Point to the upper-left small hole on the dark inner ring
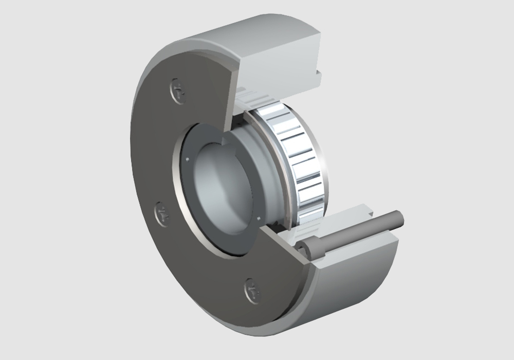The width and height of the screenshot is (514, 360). click(x=188, y=160)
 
